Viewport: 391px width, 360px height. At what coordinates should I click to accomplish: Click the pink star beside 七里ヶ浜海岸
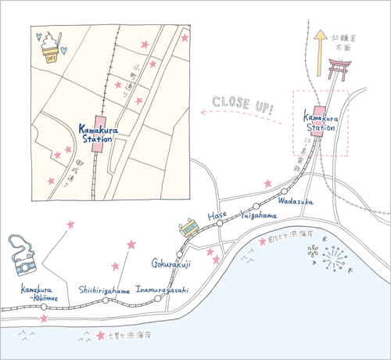click(x=99, y=337)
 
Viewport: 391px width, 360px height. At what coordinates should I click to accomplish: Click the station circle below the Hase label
click(x=221, y=224)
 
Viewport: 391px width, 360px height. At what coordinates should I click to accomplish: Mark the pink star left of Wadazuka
click(x=267, y=183)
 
